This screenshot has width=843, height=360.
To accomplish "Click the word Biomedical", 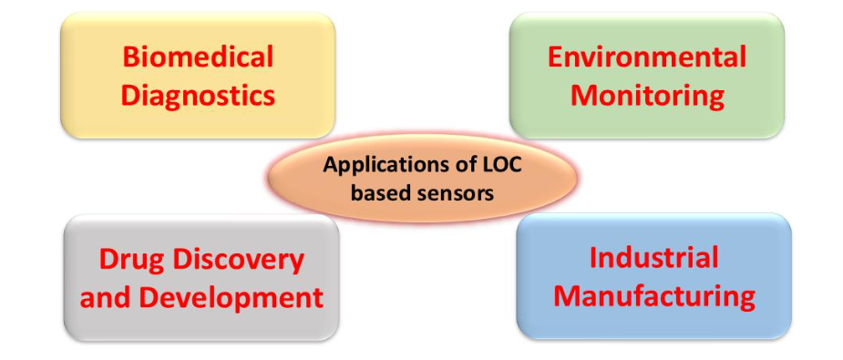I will [x=198, y=57].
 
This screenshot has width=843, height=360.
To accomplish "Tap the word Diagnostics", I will [x=198, y=94].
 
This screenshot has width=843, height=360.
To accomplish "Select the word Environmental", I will [x=646, y=57].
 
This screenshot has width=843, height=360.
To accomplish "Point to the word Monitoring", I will [x=646, y=94].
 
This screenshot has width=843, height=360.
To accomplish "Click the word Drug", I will [x=130, y=260].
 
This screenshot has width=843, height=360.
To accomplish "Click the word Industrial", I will [x=653, y=258].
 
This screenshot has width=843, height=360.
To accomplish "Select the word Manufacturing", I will [x=653, y=295].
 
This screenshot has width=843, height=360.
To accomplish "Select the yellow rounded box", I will [x=198, y=118].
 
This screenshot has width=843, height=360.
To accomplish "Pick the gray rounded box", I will [x=200, y=323].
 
